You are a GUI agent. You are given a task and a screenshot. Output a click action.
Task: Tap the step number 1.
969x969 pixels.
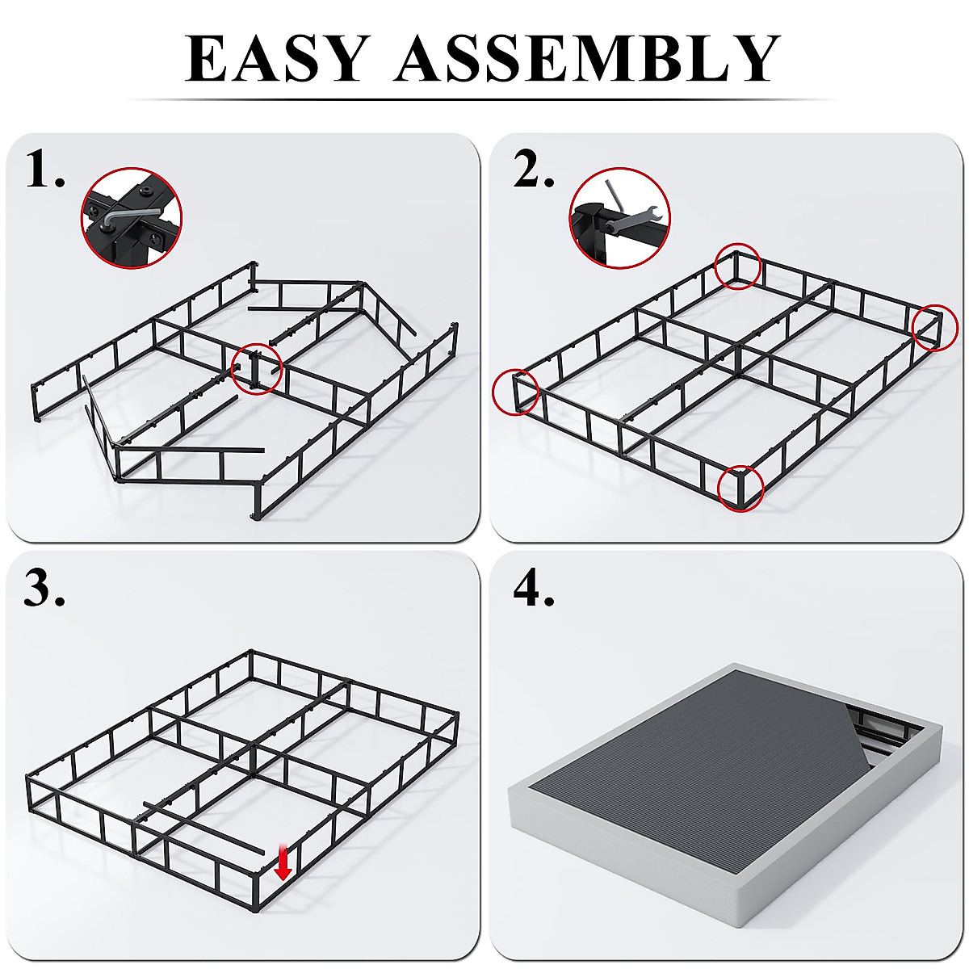44,170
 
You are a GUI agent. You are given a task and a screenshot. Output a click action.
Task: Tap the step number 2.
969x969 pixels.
534,170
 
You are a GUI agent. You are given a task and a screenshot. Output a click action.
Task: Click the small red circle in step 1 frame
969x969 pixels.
257,369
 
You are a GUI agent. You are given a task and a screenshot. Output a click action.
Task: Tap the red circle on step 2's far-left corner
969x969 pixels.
515,392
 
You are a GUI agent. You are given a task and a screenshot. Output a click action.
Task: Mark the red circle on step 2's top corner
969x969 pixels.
736,267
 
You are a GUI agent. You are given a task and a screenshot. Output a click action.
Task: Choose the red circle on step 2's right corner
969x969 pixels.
935,327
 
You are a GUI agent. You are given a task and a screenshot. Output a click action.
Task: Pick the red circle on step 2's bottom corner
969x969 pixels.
740,488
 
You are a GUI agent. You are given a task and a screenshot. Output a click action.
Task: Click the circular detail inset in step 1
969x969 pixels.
132,218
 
